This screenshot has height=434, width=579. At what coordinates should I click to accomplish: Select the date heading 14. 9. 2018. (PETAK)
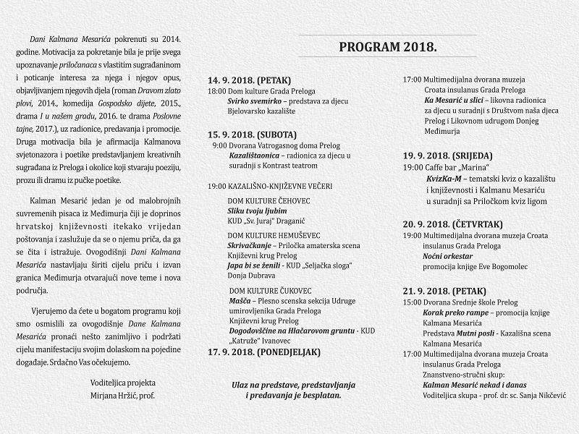click(250, 80)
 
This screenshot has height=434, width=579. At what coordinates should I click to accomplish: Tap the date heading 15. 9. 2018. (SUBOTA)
click(253, 134)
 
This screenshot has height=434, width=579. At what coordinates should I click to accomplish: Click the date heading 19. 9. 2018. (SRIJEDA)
click(449, 155)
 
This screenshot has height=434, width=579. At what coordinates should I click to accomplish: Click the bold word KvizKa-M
click(444, 178)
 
